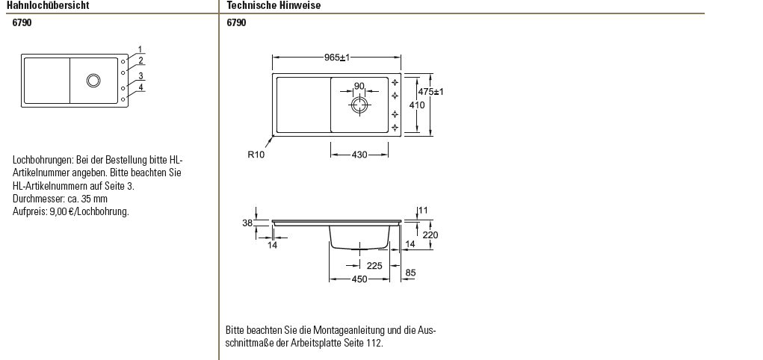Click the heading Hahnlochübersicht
point(48,5)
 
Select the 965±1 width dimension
point(338,58)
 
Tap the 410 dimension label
point(417,105)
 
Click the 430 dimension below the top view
point(359,155)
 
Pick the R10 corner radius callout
point(256,155)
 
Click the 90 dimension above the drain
point(359,86)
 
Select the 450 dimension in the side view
point(359,279)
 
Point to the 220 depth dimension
point(430,235)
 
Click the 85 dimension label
point(410,273)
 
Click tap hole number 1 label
point(140,50)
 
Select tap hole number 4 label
point(140,87)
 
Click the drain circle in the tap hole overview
point(93,79)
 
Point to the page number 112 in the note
point(375,343)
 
